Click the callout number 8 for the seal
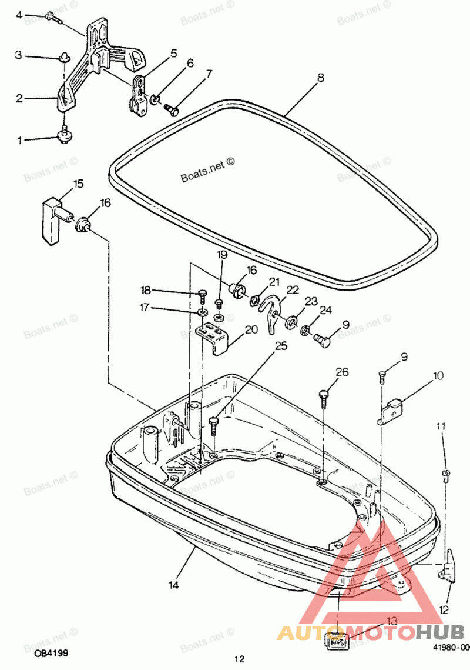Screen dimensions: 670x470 click(x=320, y=76)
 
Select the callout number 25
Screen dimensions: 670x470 click(x=281, y=346)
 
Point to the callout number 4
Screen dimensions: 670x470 click(x=19, y=14)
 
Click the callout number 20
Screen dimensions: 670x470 click(x=251, y=329)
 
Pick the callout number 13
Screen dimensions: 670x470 click(x=392, y=621)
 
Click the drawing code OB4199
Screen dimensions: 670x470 click(x=51, y=653)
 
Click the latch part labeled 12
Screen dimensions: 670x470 click(x=448, y=565)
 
